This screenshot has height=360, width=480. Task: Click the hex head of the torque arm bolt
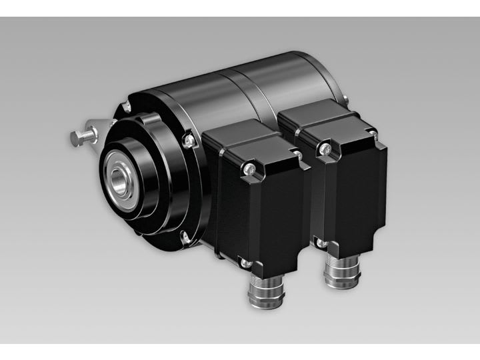[x=75, y=139]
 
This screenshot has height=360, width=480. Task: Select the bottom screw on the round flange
[x=183, y=235]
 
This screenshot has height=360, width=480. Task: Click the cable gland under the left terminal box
[x=262, y=293]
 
